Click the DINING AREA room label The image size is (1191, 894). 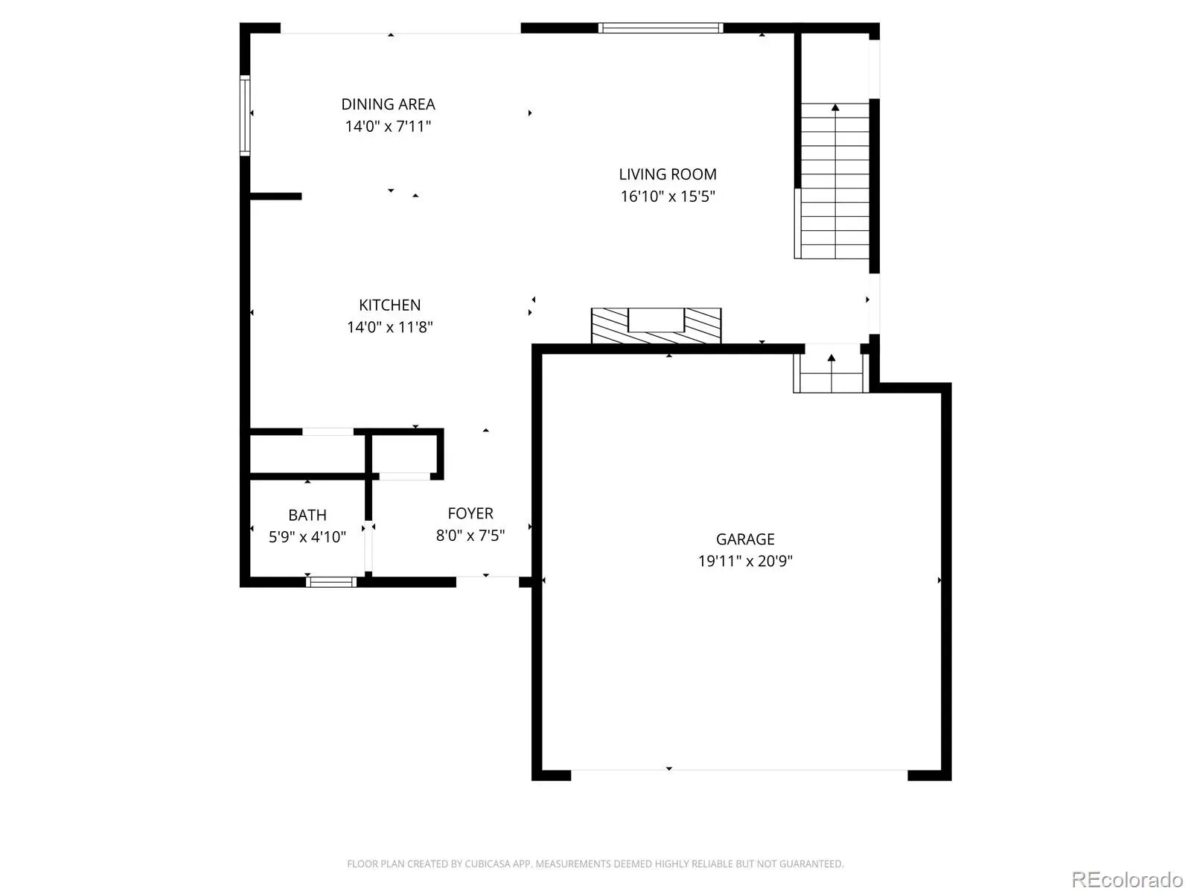(x=388, y=104)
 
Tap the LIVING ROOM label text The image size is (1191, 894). (x=668, y=174)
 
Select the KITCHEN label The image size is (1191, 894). (x=389, y=305)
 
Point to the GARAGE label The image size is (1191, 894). (x=745, y=539)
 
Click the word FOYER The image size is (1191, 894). (x=470, y=513)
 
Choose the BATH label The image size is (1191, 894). (x=307, y=515)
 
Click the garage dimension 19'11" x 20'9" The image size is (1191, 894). (x=745, y=561)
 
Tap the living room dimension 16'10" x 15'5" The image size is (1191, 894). (x=668, y=196)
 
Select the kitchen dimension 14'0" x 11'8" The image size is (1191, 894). (x=389, y=327)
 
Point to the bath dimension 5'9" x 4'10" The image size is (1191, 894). (x=307, y=537)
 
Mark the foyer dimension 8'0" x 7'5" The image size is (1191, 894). (x=470, y=535)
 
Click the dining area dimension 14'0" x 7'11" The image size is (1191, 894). (x=388, y=126)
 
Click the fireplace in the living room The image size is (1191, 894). (x=656, y=326)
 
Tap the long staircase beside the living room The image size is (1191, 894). (x=834, y=181)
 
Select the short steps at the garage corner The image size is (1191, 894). (x=831, y=372)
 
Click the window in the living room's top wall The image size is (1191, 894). (x=660, y=28)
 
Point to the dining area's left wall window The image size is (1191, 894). (x=245, y=115)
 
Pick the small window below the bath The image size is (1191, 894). (x=331, y=582)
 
